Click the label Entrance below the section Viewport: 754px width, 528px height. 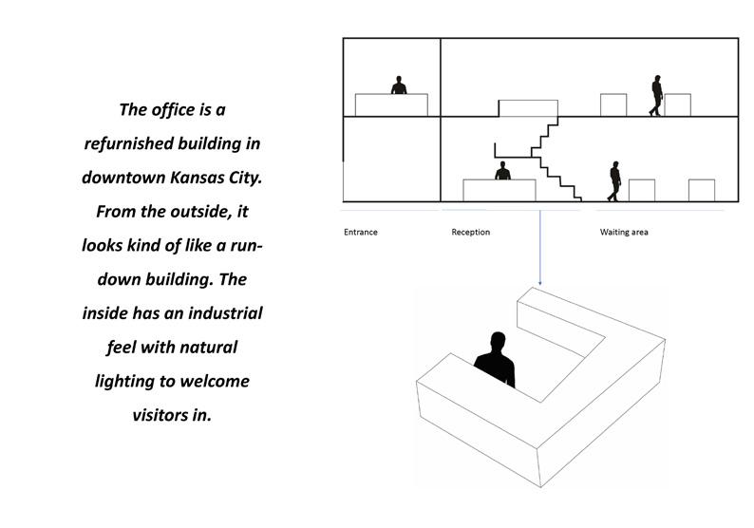[360, 233]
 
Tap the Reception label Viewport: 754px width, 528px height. [471, 233]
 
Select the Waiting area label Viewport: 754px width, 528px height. [623, 233]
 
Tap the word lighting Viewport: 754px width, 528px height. [131, 381]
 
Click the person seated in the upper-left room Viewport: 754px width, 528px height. [399, 85]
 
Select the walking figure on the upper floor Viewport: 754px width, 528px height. [656, 96]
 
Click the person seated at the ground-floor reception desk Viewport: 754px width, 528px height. [502, 171]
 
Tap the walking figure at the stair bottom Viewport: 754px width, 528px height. [614, 181]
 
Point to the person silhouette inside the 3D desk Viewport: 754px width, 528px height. [495, 359]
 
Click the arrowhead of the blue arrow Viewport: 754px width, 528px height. [540, 282]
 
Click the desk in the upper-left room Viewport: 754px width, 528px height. [391, 104]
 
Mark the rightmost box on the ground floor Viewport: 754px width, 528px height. [701, 190]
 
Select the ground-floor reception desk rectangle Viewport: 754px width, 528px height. [499, 190]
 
